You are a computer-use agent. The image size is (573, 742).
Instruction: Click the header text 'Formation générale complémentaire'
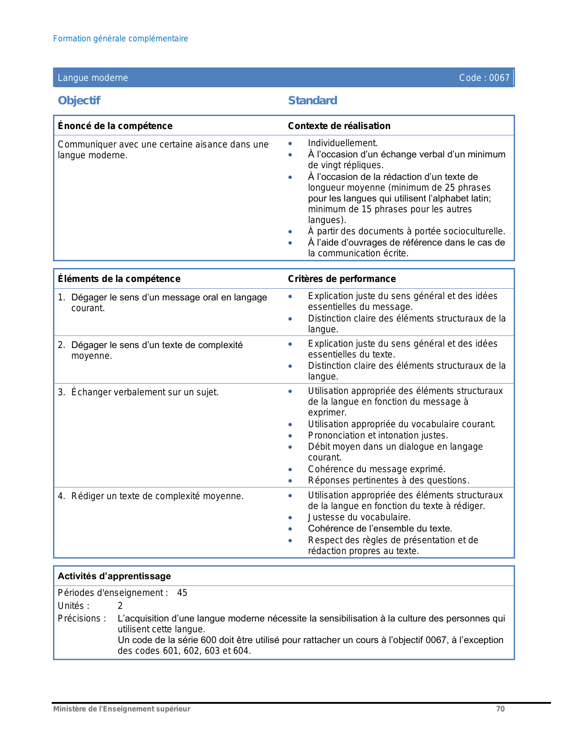click(120, 39)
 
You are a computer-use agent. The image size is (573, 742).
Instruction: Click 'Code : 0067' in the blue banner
click(484, 78)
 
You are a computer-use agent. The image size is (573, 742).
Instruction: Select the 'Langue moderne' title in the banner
click(93, 78)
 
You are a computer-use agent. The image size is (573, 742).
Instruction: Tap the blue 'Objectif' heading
click(79, 100)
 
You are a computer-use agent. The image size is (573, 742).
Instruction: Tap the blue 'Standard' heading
click(312, 100)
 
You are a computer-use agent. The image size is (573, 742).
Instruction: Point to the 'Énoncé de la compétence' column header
click(115, 126)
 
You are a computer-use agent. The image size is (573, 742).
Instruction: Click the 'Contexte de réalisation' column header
click(339, 126)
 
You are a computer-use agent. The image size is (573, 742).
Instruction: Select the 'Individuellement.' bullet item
click(342, 143)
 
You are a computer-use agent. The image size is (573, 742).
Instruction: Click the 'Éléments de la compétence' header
click(119, 279)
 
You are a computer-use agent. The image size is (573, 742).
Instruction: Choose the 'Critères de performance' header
click(342, 279)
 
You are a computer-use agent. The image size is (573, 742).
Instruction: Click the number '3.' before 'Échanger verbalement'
click(62, 392)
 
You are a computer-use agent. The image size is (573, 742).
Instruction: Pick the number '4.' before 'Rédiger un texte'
click(62, 496)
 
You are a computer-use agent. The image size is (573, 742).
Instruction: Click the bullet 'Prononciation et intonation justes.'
click(378, 435)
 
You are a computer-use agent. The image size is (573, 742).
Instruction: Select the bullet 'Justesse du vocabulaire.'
click(359, 517)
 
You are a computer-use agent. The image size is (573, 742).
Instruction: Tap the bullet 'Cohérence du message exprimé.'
click(377, 469)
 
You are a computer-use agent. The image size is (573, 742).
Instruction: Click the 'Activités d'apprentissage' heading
click(114, 576)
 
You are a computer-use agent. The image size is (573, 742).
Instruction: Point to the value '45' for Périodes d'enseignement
click(182, 593)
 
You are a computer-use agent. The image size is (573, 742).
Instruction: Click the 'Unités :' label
click(73, 606)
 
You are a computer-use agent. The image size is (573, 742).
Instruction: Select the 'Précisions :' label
click(82, 618)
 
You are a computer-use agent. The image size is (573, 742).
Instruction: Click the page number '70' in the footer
click(500, 709)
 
